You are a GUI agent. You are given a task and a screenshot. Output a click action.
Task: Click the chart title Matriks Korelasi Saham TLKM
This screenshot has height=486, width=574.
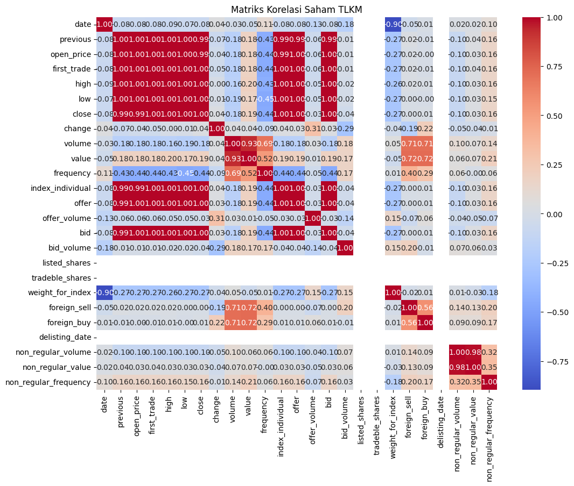[297, 9]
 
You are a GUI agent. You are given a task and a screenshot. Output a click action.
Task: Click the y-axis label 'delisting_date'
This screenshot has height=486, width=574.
[66, 337]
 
